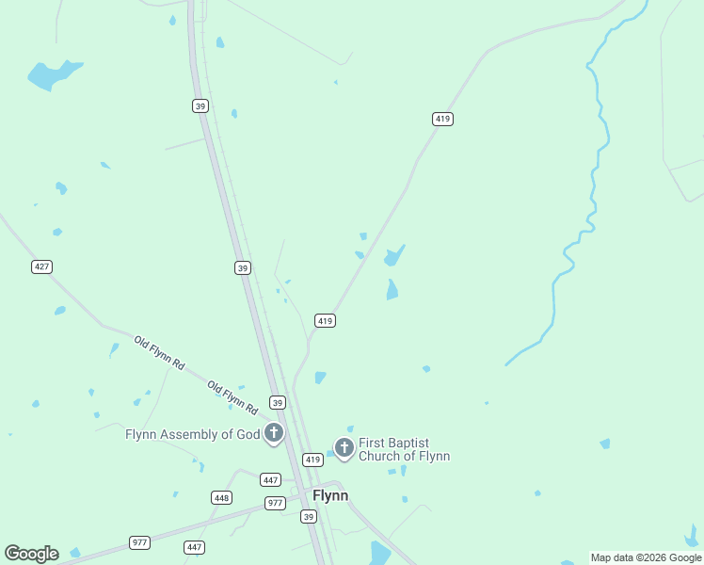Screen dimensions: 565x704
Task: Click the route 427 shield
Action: tap(41, 266)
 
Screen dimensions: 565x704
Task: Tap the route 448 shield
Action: tap(222, 497)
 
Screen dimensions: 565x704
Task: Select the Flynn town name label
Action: tap(330, 495)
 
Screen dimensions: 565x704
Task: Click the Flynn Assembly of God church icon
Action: tap(274, 433)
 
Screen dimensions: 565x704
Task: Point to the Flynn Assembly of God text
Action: tap(192, 434)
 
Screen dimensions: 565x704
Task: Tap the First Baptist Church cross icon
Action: tap(344, 447)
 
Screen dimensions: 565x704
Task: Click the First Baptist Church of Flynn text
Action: tap(405, 449)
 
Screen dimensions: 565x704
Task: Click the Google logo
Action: tap(32, 554)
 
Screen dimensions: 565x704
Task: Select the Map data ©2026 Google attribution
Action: tap(646, 557)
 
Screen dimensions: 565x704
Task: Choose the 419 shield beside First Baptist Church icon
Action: tap(313, 460)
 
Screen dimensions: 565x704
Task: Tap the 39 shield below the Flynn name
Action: tap(309, 516)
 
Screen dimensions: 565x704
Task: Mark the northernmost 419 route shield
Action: tap(443, 119)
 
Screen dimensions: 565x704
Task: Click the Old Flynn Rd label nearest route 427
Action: tap(159, 352)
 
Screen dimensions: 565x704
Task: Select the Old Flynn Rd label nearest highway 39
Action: tap(232, 398)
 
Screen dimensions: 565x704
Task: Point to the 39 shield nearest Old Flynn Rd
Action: tap(277, 402)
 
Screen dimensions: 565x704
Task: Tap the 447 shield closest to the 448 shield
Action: tap(271, 480)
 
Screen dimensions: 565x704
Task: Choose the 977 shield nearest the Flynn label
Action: tap(275, 503)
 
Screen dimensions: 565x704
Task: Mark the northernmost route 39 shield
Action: tap(200, 105)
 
